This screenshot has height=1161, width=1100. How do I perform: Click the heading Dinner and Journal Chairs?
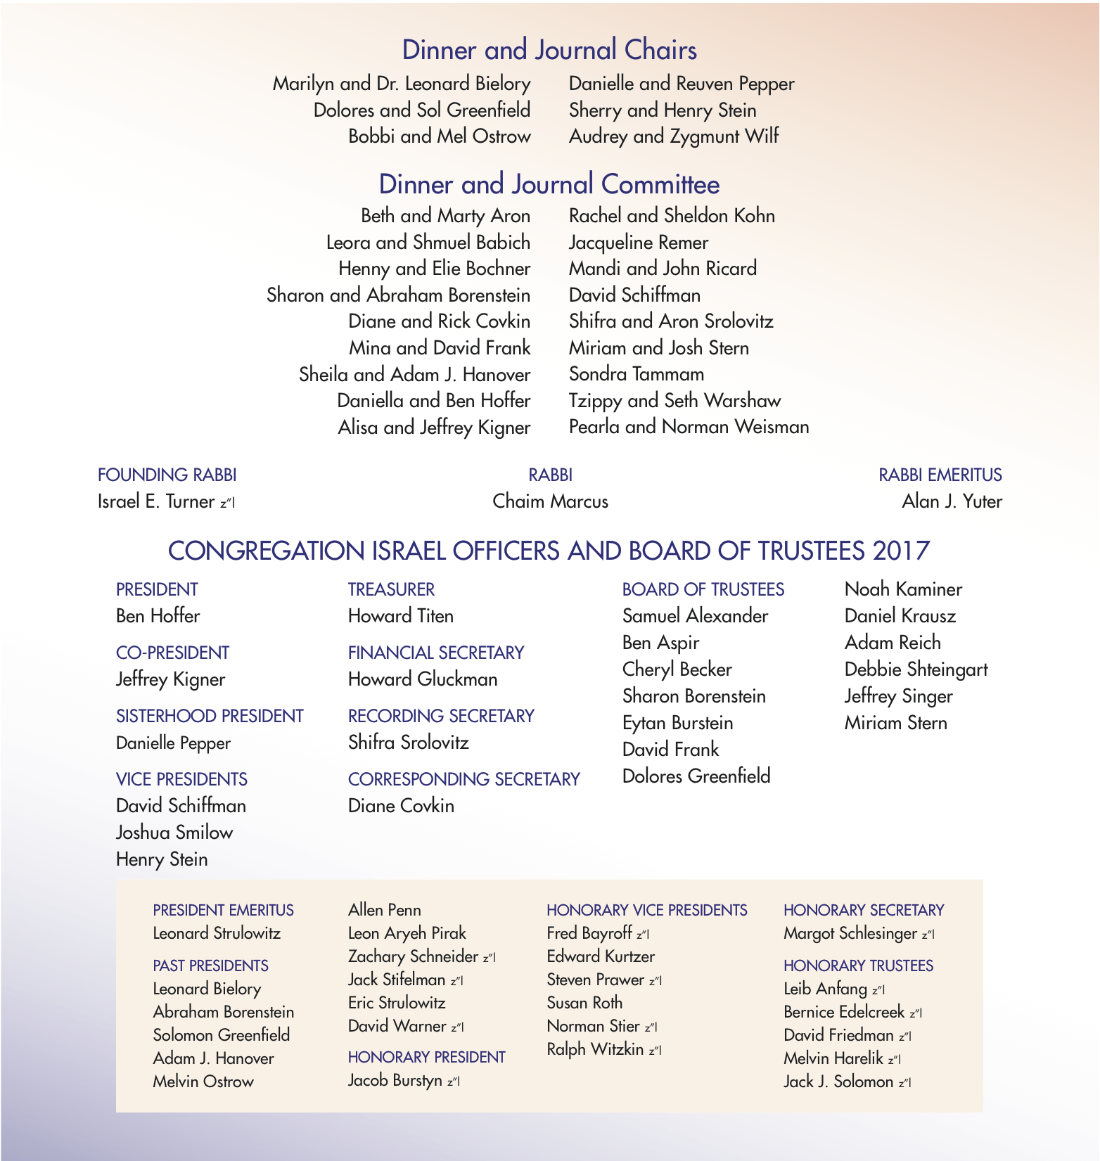click(x=549, y=50)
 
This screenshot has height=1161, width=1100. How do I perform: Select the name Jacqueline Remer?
click(x=638, y=243)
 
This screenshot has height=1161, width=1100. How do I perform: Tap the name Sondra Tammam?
click(x=636, y=374)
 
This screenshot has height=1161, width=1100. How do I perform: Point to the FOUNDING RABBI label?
click(x=167, y=475)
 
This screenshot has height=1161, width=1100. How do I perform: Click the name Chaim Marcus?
click(x=550, y=501)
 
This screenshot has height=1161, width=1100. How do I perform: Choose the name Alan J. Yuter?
click(x=952, y=501)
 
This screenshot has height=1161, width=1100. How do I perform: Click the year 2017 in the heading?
click(x=902, y=551)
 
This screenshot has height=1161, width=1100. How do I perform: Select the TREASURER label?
click(x=391, y=589)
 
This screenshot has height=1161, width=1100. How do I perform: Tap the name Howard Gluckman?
click(x=423, y=679)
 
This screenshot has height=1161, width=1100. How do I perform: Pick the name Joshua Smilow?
click(x=174, y=833)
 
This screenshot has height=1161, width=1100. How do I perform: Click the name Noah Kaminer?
click(x=903, y=589)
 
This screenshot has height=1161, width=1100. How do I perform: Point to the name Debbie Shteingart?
click(x=916, y=669)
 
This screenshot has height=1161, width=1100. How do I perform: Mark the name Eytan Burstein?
click(x=677, y=723)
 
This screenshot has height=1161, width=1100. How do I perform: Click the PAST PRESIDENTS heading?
click(x=210, y=966)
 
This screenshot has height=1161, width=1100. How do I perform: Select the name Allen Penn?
click(x=384, y=910)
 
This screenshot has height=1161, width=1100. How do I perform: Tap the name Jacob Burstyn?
click(x=395, y=1080)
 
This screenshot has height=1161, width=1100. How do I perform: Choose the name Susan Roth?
click(x=584, y=1003)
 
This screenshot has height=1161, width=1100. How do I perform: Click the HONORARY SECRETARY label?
click(x=863, y=910)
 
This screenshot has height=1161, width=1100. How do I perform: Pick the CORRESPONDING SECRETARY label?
click(x=463, y=779)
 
